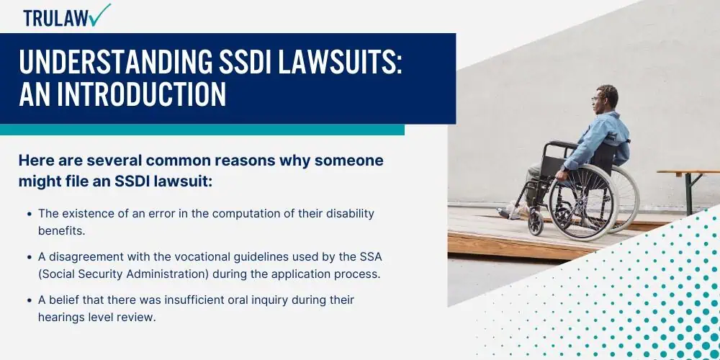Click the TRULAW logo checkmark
[101, 14]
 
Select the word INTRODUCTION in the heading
[141, 94]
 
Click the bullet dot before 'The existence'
[30, 214]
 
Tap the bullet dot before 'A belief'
[30, 300]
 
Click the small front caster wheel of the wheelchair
[536, 222]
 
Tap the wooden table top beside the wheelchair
[688, 172]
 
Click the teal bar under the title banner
[202, 130]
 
